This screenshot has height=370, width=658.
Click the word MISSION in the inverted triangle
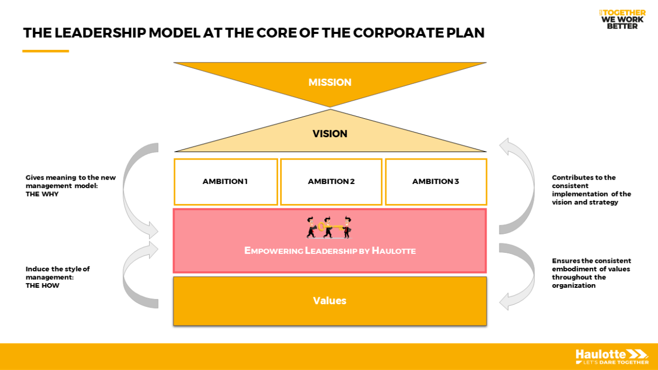tap(330, 82)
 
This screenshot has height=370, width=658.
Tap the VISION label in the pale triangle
tap(330, 134)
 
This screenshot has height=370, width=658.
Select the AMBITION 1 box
tap(226, 181)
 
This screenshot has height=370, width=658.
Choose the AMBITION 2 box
tap(331, 181)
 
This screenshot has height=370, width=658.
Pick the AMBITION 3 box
tap(436, 181)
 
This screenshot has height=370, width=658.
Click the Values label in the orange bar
tap(330, 301)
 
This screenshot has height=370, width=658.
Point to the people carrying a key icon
tap(329, 227)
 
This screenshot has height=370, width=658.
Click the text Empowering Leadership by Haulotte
tap(330, 251)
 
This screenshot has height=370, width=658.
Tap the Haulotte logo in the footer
tap(612, 356)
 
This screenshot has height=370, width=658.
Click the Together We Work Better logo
tap(622, 19)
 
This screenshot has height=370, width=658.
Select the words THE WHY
tap(42, 194)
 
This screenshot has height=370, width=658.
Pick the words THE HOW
tap(42, 286)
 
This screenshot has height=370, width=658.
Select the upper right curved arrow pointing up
tap(520, 186)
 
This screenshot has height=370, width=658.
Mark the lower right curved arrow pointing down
tap(520, 276)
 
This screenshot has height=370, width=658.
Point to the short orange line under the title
tap(46, 51)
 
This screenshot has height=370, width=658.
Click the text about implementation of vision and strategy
tap(591, 190)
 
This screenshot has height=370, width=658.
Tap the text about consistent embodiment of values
tap(591, 273)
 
